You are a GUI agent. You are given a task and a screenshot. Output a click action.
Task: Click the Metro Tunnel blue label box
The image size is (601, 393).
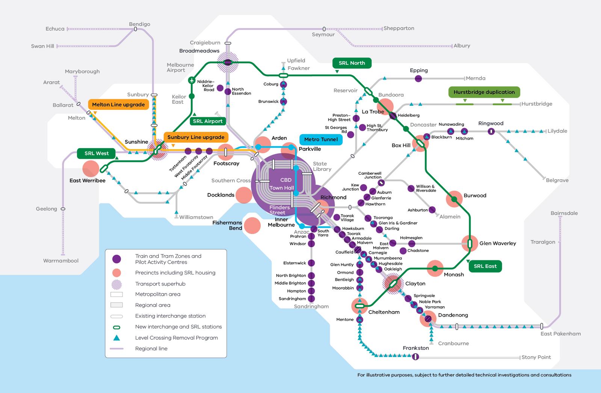pos(321,139)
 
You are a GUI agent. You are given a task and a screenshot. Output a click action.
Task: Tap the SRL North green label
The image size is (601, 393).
pos(352,63)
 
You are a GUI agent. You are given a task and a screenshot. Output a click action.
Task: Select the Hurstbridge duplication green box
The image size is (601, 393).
pos(484,92)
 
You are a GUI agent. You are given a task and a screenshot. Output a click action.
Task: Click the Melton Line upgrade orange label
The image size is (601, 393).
pos(118,104)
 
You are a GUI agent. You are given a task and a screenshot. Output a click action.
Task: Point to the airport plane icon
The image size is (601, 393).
pos(192,80)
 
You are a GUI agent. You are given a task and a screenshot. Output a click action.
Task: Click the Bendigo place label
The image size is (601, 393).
pos(139,24)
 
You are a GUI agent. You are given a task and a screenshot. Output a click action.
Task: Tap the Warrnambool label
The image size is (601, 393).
pos(61,260)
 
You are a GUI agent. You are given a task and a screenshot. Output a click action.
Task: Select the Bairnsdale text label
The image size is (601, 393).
pos(564,213)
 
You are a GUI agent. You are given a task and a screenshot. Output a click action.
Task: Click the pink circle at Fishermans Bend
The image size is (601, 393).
pos(252,225)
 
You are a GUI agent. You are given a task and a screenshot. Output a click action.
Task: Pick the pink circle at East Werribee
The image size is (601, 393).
pos(91,169)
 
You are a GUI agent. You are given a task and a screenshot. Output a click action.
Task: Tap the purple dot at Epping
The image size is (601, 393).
pos(418,79)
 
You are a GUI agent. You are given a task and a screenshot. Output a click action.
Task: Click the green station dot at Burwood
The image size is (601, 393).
pos(454,199)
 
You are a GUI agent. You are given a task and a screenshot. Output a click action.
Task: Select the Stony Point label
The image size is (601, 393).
pos(536,357)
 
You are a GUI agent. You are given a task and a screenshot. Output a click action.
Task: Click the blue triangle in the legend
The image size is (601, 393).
pos(117,337)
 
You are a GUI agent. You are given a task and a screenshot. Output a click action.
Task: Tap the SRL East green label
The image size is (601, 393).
pos(485,266)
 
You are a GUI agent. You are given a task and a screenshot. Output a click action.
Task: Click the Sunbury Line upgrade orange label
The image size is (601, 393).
pos(196,137)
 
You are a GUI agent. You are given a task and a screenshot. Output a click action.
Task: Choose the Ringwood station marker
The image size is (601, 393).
pos(491,132)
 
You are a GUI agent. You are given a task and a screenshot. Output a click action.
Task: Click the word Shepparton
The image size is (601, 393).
pos(399,28)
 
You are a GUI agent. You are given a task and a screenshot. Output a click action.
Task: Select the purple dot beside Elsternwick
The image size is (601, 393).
pos(311,263)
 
